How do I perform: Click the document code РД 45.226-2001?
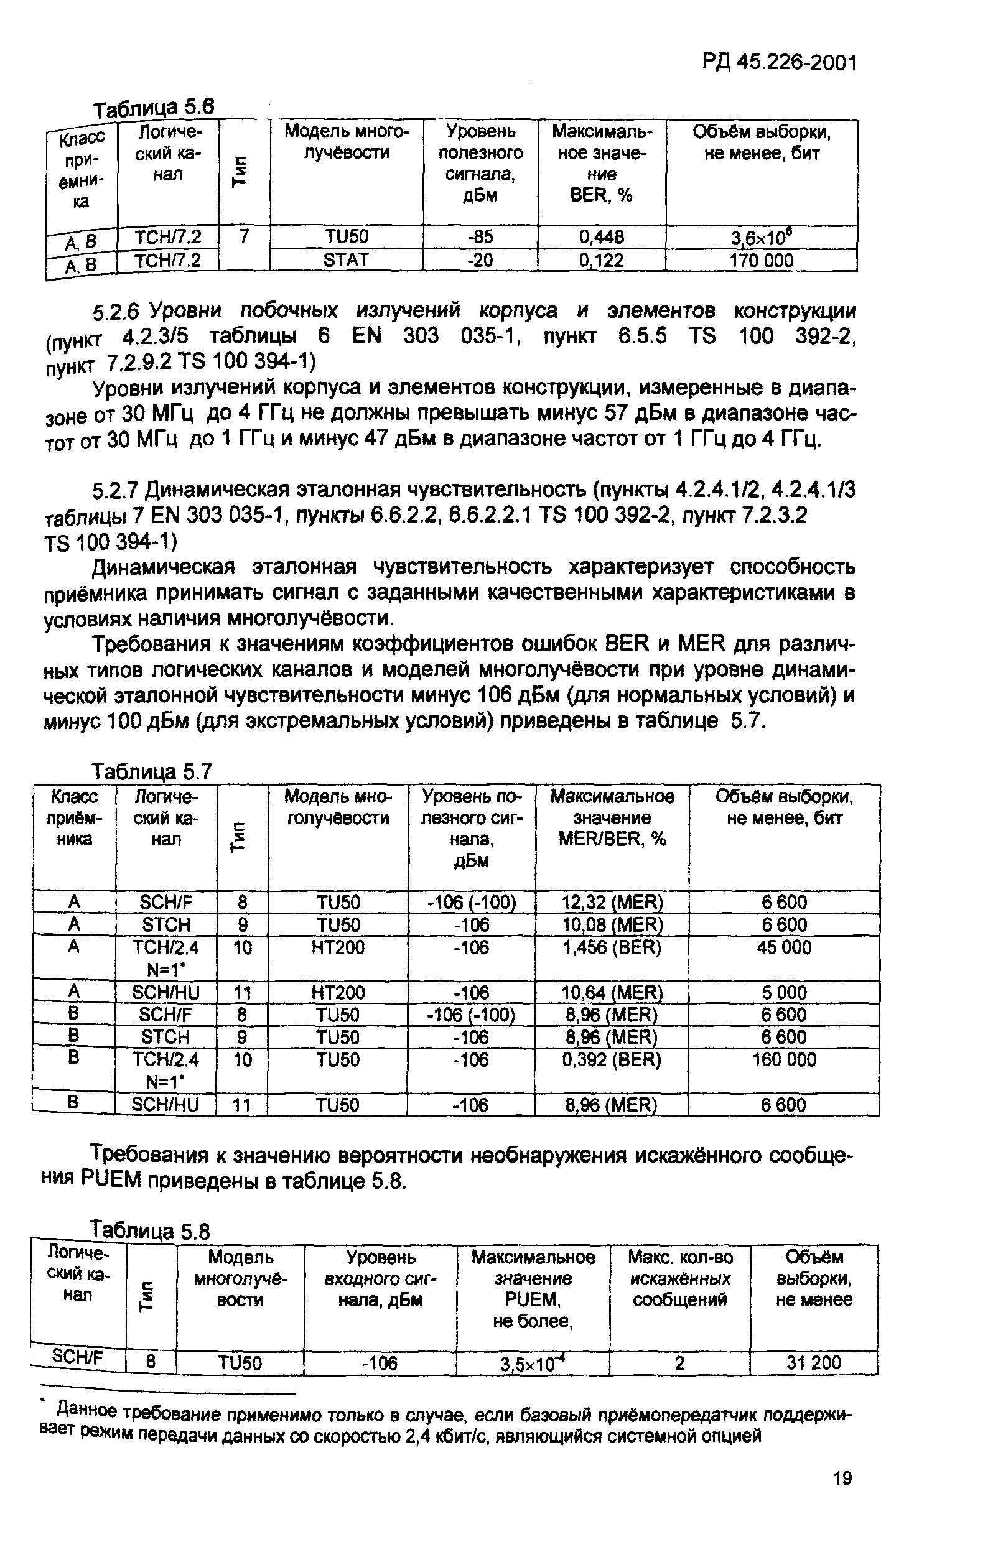click(778, 63)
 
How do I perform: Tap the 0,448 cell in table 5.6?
click(601, 237)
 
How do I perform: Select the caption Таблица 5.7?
click(152, 771)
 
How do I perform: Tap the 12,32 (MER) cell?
click(612, 902)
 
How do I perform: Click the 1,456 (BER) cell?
click(612, 947)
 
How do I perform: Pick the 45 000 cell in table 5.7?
click(784, 947)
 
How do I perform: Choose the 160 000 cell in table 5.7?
click(784, 1059)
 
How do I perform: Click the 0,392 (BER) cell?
click(612, 1059)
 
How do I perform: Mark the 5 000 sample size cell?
click(784, 992)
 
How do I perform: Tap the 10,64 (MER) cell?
click(612, 992)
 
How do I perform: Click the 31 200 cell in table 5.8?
click(814, 1362)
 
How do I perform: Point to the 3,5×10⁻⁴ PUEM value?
click(533, 1363)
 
